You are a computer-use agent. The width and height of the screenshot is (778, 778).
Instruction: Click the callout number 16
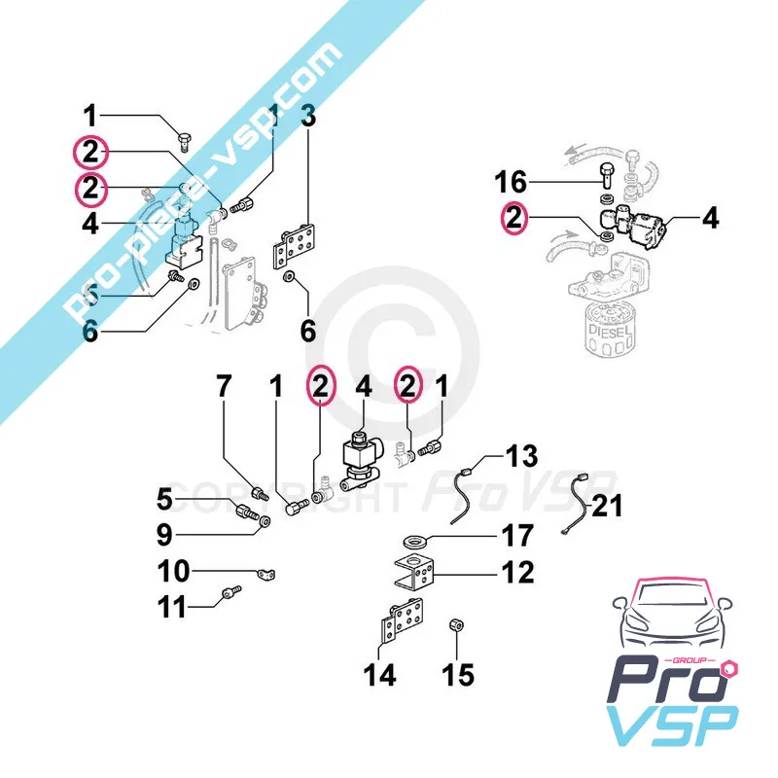(x=511, y=182)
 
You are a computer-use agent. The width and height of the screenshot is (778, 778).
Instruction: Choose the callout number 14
(x=381, y=674)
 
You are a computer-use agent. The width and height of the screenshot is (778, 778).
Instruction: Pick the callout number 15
(x=459, y=674)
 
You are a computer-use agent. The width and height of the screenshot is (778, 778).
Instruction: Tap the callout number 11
(x=172, y=610)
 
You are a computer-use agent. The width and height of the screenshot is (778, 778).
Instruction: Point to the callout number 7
(x=225, y=387)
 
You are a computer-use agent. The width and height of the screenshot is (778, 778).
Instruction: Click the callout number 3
(x=308, y=120)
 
